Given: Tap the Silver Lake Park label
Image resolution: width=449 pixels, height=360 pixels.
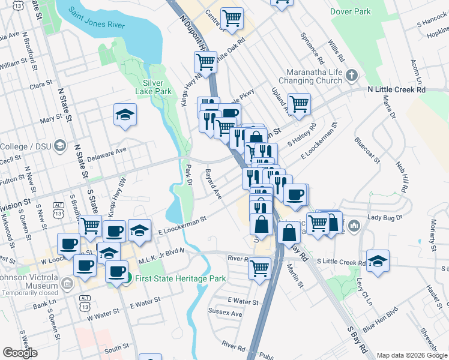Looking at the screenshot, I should click(x=157, y=87).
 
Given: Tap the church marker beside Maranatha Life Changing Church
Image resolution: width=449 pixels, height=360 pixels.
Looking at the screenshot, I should click(x=352, y=76).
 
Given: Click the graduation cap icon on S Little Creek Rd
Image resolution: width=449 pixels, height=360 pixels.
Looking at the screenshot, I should click(x=378, y=261).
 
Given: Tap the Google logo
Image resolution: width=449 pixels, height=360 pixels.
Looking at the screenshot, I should click(x=20, y=353).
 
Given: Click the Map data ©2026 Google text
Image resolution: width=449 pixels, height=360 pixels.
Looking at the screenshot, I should click(x=412, y=355).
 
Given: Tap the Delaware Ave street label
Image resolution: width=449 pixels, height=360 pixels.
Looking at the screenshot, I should click(x=107, y=153).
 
